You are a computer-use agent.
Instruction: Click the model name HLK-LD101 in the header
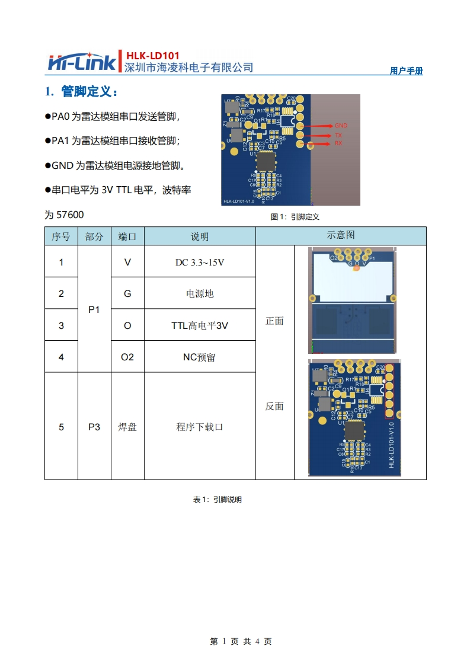[152, 56]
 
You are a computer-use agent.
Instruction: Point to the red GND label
[341, 126]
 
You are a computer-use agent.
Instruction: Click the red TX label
[338, 135]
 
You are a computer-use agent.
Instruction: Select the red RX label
[338, 143]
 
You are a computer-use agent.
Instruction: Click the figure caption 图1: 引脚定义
[295, 217]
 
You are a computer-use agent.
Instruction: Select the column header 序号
[61, 236]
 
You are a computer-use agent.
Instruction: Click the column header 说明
[200, 236]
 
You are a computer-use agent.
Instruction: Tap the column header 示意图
[341, 235]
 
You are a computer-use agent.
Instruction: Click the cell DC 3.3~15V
[200, 262]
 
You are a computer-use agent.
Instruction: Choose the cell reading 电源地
[200, 293]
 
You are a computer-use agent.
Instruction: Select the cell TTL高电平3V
[200, 325]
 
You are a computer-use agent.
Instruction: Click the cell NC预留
[200, 357]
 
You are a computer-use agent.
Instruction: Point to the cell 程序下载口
[200, 427]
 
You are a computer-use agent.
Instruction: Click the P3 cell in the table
[94, 427]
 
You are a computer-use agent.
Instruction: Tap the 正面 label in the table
[274, 321]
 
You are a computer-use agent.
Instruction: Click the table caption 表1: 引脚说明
[217, 500]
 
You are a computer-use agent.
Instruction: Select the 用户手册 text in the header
[407, 71]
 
